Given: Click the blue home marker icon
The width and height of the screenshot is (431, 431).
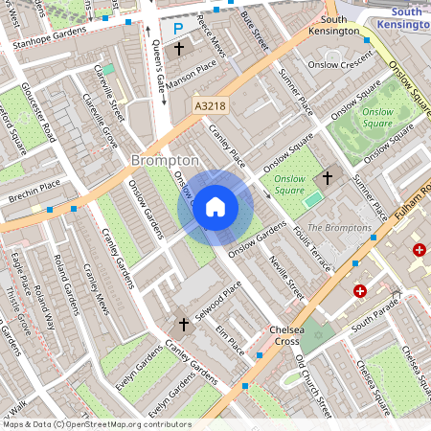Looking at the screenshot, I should pyautogui.click(x=215, y=206).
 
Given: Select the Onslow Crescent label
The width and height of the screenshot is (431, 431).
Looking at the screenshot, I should pyautogui.click(x=340, y=64).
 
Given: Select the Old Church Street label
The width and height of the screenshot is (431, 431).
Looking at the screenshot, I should pyautogui.click(x=314, y=387).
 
